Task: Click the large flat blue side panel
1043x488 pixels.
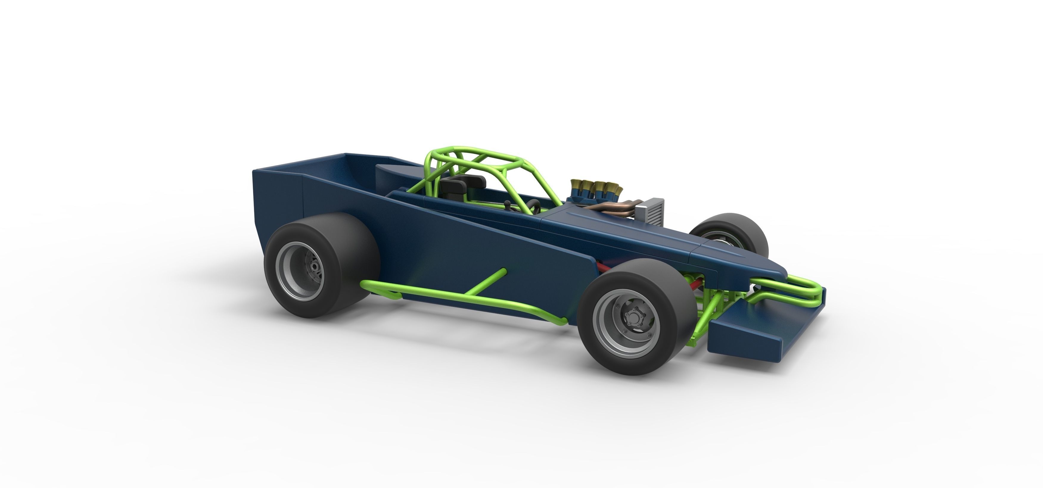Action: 466,243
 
